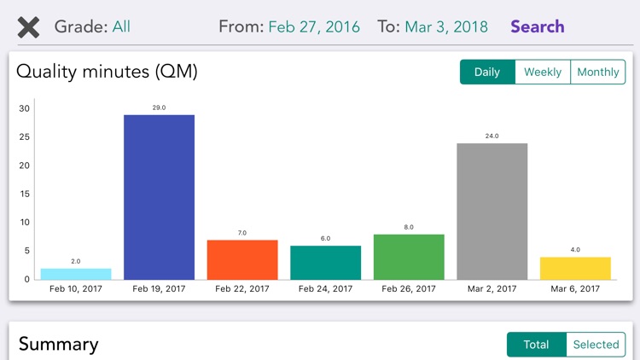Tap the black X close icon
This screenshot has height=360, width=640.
[x=28, y=27]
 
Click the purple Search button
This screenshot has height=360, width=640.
[x=538, y=26]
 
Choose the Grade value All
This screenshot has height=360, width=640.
[x=121, y=26]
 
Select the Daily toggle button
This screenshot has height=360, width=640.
[x=487, y=72]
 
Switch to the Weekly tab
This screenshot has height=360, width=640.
[x=543, y=72]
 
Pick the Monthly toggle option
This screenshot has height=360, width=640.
[x=598, y=72]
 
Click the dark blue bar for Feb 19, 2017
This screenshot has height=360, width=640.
[x=159, y=197]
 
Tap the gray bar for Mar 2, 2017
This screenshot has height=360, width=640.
[x=492, y=212]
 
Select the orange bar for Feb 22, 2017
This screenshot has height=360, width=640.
[x=242, y=259]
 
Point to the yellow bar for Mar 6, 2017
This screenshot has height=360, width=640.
[x=575, y=268]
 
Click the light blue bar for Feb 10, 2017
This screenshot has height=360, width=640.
[x=75, y=274]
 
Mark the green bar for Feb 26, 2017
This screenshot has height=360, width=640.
[x=409, y=257]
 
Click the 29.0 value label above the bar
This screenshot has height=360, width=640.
[x=159, y=107]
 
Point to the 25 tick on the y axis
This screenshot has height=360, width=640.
[x=25, y=137]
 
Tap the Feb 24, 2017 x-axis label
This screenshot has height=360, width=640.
[x=325, y=289]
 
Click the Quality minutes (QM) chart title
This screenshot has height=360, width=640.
[x=108, y=72]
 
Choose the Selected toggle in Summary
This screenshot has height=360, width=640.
[x=596, y=345]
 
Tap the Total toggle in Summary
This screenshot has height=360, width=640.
[x=536, y=345]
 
